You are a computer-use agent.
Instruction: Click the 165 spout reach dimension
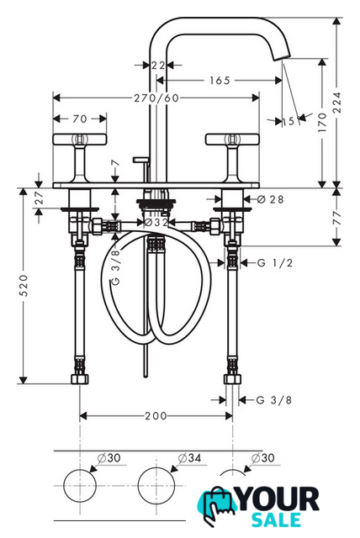point(220,81)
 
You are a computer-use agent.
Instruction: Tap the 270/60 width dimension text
point(156,98)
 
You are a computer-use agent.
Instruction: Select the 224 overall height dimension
point(337,103)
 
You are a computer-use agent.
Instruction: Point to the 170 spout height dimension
point(322,123)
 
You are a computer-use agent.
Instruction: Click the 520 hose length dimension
point(23,286)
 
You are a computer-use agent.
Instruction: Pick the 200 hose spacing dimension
point(156,416)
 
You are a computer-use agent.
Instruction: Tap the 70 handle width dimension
point(80,119)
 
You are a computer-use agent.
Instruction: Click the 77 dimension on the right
point(337,218)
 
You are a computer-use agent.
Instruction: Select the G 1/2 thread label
point(275,263)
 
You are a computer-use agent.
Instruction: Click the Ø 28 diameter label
point(270,199)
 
